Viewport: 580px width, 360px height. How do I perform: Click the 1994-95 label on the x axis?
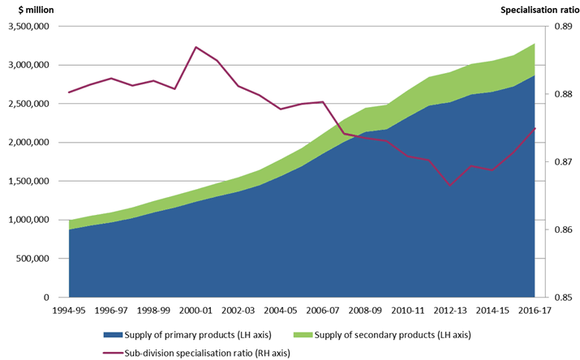(69, 311)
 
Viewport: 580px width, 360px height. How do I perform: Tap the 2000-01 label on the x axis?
(196, 311)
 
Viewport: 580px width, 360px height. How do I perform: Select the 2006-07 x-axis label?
(323, 311)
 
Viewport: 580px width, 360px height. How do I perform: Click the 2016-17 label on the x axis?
(535, 311)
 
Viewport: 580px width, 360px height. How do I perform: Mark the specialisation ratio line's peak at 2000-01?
(196, 47)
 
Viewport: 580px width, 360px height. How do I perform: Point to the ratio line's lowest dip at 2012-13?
(450, 186)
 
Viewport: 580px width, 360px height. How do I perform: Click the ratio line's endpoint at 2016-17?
(535, 128)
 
